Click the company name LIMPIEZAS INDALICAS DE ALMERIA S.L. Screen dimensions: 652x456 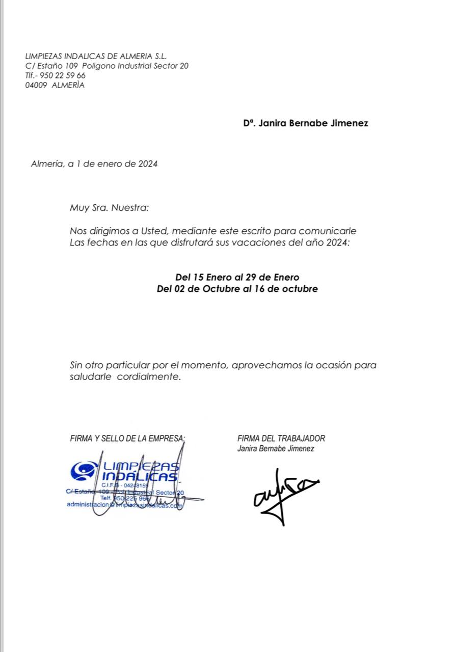pos(96,57)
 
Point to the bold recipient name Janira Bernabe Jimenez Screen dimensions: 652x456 pos(313,123)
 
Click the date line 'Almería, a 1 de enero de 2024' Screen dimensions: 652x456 pos(94,164)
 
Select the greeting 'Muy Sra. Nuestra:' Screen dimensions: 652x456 pos(110,208)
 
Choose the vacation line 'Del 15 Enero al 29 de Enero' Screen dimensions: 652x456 pos(237,278)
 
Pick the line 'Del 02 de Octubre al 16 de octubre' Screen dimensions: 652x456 pos(237,289)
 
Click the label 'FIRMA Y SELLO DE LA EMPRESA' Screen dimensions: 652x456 pos(127,438)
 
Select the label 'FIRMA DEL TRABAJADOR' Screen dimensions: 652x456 pos(281,438)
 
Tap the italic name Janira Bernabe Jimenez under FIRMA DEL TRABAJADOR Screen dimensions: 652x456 pos(275,449)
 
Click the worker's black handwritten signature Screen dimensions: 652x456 pos(283,494)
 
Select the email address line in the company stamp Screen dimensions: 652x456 pos(124,505)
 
